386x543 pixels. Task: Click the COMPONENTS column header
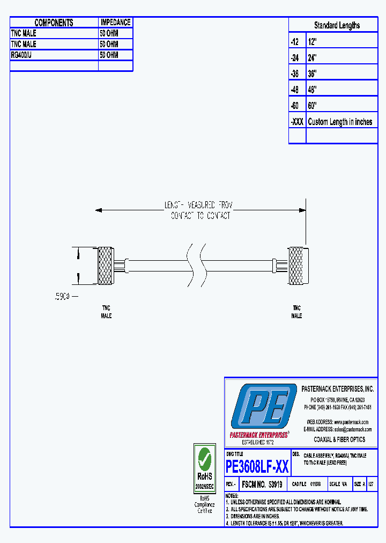point(54,23)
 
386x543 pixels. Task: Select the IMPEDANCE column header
point(115,23)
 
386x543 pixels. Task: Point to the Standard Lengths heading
point(337,25)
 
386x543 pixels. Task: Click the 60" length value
point(313,106)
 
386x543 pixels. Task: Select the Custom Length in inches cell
point(340,122)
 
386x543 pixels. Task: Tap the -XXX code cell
point(297,122)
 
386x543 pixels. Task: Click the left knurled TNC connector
point(106,266)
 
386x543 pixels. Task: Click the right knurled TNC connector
point(296,266)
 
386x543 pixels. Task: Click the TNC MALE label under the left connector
point(106,312)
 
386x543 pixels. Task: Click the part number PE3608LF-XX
point(257,467)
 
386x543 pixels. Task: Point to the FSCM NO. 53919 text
point(263,484)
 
